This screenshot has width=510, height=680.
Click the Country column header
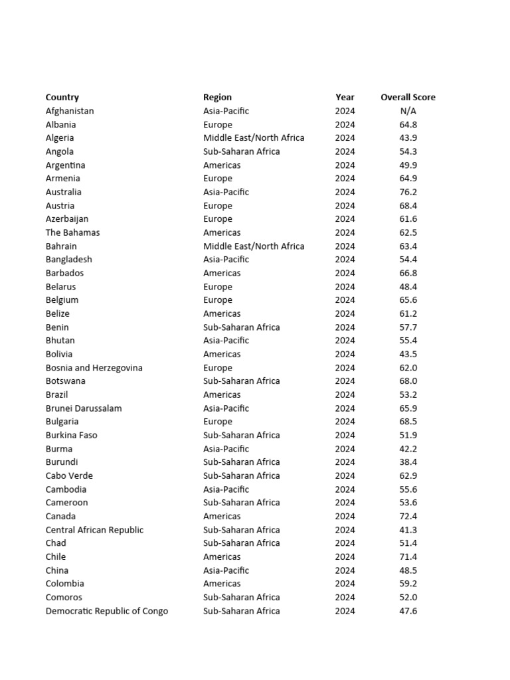coord(62,97)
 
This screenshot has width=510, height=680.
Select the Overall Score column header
coord(408,97)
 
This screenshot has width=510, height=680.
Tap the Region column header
coord(217,97)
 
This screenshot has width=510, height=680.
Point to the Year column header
coord(345,97)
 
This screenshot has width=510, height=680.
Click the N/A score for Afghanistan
coord(408,111)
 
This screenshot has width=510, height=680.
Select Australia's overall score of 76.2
coord(408,192)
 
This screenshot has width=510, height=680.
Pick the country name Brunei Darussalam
coord(84,408)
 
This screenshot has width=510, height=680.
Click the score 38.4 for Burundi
coord(408,462)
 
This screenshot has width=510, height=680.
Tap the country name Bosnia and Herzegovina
coord(94,368)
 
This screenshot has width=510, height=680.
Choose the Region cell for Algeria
coord(254,138)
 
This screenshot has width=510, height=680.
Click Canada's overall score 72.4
coord(408,516)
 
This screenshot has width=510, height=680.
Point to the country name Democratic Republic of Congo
coord(107,611)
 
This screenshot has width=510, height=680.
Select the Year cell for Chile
coord(345,556)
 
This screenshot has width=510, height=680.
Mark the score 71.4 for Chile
coord(408,556)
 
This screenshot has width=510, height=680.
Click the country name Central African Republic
coord(94,530)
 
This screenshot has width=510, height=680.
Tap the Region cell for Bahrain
coord(254,246)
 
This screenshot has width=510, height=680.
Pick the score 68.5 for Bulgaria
coord(408,422)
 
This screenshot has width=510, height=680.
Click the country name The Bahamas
coord(72,232)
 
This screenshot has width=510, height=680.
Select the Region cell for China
coord(226,570)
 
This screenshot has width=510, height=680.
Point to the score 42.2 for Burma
coord(408,449)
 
